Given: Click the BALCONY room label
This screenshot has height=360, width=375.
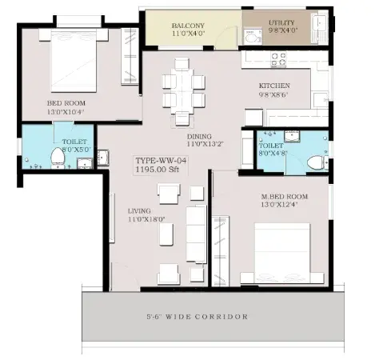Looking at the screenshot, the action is click(x=188, y=26).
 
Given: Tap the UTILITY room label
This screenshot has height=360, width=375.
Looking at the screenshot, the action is click(x=281, y=22).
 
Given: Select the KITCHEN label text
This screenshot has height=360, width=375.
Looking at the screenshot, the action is click(x=274, y=86).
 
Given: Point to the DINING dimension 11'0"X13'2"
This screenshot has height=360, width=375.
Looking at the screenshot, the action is click(x=205, y=144).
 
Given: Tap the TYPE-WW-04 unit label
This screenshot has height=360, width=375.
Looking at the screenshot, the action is click(x=161, y=161).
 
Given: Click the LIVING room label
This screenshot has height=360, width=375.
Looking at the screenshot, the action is click(x=139, y=210).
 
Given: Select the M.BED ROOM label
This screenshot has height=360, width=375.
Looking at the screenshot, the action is click(x=285, y=197).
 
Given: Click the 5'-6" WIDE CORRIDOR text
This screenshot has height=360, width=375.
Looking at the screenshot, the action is click(x=197, y=317).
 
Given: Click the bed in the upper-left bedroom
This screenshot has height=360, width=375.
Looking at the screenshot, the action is click(x=74, y=61).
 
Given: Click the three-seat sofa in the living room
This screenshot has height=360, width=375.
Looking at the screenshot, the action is click(x=196, y=234).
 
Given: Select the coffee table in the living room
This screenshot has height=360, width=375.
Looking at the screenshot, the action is click(x=166, y=234).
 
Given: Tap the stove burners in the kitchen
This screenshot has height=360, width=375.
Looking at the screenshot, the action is click(x=278, y=59).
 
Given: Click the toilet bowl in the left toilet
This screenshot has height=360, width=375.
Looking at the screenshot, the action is click(x=58, y=158).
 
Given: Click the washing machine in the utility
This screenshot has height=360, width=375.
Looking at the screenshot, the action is click(x=253, y=37).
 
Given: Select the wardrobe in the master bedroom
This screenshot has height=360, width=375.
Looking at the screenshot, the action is click(x=221, y=251).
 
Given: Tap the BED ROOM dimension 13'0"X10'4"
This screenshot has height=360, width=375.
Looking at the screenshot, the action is click(x=66, y=112).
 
